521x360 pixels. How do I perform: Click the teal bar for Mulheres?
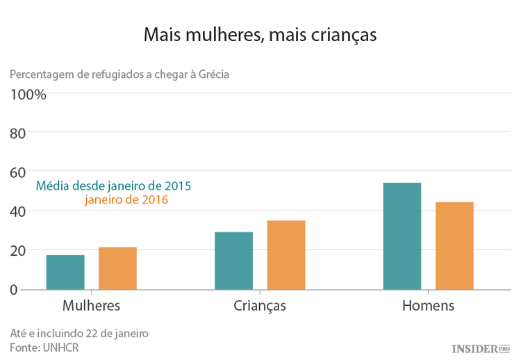[x=65, y=272]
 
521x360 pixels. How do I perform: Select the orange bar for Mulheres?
[x=117, y=268]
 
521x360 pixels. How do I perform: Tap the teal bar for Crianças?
[x=233, y=261]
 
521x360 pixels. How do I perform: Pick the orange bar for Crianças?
[x=286, y=254]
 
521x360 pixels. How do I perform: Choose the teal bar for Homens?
[x=402, y=236]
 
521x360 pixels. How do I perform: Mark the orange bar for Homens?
[x=454, y=245]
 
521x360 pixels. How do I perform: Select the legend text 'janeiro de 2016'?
[x=126, y=200]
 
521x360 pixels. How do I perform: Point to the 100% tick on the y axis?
[x=28, y=95]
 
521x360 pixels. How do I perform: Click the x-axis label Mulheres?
[x=91, y=306]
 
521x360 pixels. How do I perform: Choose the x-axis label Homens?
[x=428, y=306]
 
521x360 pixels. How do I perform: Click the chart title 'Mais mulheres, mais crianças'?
[x=260, y=35]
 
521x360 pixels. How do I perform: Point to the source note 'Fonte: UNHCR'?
[x=44, y=347]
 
